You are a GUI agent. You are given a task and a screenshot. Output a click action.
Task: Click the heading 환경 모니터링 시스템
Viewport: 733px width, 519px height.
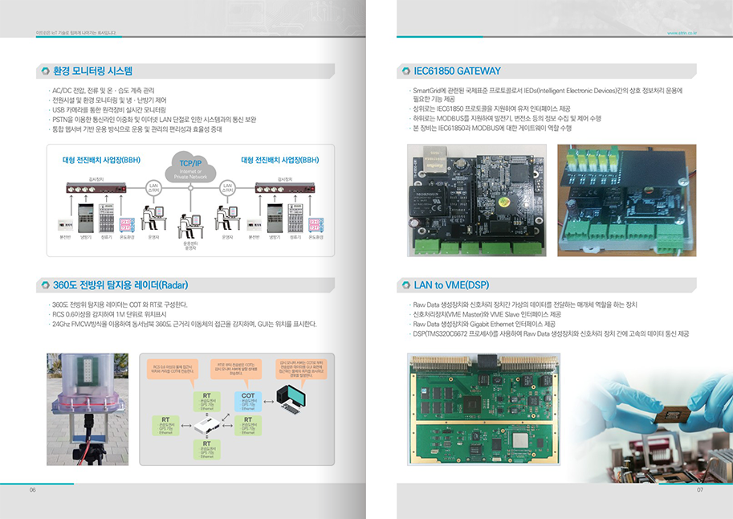(92, 72)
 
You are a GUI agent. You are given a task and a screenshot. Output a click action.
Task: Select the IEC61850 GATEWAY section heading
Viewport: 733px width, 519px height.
(457, 72)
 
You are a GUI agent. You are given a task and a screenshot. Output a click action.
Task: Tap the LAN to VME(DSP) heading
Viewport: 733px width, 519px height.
(451, 285)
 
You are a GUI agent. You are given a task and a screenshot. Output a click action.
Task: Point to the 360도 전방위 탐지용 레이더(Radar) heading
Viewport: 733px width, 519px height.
(120, 285)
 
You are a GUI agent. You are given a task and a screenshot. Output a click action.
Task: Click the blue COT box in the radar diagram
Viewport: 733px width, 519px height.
(247, 400)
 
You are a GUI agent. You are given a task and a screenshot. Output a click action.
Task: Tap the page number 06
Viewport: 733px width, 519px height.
(33, 490)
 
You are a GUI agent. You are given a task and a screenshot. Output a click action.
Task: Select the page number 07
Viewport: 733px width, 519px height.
(699, 490)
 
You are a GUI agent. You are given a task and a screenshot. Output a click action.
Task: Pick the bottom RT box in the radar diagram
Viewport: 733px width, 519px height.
(206, 448)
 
